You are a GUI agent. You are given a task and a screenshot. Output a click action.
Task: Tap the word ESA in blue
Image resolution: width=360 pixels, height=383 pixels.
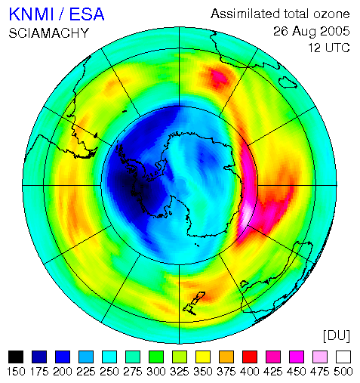point(87,14)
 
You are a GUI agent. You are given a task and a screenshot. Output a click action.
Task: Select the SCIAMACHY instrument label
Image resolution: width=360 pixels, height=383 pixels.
point(49,33)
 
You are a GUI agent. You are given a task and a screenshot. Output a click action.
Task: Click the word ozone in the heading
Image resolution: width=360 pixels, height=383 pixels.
point(331,14)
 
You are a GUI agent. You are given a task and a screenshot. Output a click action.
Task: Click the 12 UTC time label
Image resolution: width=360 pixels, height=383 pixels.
point(329,48)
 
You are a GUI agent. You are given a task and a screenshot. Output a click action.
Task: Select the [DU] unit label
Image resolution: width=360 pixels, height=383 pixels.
point(337,335)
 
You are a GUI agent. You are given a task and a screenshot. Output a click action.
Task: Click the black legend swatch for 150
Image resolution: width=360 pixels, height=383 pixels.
point(16,357)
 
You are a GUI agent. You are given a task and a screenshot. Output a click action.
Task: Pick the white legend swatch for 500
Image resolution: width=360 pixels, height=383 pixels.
point(343,357)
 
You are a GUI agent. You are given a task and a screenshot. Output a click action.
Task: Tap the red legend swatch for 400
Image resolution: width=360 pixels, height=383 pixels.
point(250,357)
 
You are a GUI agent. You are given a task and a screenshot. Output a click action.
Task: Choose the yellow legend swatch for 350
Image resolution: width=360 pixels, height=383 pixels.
point(203,357)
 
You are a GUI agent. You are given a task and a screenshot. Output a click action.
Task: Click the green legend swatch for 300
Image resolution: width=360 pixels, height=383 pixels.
point(156,357)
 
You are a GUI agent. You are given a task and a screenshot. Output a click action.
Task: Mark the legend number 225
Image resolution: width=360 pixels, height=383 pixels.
point(86,372)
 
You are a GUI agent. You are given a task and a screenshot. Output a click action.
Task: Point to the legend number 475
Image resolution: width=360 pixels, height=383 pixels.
point(320,372)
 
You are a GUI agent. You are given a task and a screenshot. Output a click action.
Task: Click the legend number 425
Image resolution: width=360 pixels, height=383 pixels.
point(273,372)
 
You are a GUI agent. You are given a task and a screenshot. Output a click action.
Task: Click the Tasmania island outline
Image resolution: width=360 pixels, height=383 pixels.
point(244,284)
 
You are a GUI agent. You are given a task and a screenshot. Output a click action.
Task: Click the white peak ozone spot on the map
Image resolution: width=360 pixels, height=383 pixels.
point(247,215)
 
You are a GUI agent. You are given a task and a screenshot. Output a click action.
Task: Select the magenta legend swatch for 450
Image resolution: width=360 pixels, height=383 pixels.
point(297,357)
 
